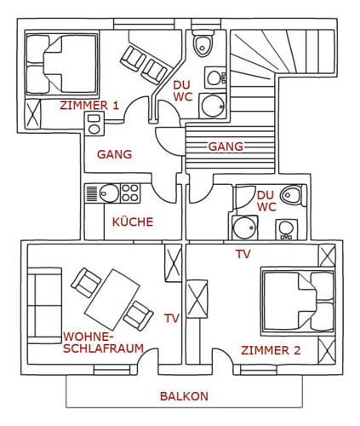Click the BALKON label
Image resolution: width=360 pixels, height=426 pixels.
pos(184,396)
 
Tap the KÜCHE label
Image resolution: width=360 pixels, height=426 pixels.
pos(133,222)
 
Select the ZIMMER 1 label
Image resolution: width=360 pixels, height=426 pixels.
pos(89,106)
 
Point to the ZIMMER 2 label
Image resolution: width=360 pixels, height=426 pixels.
pos(271,350)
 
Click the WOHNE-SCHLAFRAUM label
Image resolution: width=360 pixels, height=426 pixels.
pos(103,343)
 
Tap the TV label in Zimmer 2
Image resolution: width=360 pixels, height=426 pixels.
pos(243,254)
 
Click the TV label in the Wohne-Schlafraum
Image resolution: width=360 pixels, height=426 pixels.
pos(172,319)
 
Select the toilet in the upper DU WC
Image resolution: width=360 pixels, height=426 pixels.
pos(203,44)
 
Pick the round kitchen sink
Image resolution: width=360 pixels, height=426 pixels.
pos(110,193)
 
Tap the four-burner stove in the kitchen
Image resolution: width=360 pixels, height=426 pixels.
pos(130,193)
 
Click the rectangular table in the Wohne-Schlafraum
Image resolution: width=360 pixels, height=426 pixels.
pos(112,299)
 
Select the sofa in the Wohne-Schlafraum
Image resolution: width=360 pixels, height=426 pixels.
pos(45,306)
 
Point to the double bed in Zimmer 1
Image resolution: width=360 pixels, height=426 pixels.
pos(62,64)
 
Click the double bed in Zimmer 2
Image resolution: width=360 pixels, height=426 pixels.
pos(298,302)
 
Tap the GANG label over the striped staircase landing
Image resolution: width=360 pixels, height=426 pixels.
pos(226,147)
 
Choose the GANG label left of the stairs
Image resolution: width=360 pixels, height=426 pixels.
pos(115,154)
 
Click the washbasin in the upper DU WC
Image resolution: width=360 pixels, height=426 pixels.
pos(215,77)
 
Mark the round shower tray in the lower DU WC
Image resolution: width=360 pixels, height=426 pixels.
pos(245,227)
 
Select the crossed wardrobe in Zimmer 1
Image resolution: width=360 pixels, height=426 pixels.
pos(33,114)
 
